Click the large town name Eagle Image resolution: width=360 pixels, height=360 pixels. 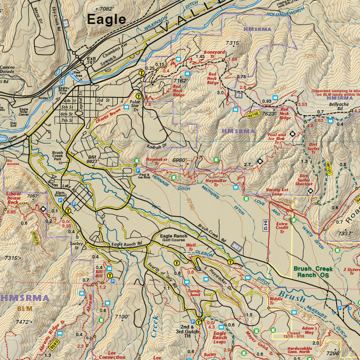tap(107, 20)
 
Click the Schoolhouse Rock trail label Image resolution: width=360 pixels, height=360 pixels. tap(13, 199)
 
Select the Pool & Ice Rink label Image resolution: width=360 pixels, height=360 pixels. tap(143, 176)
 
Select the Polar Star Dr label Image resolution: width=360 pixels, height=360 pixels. tap(137, 102)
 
